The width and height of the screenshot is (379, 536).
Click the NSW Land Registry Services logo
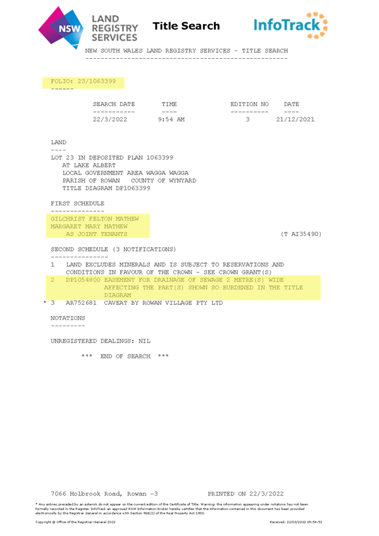click(x=88, y=28)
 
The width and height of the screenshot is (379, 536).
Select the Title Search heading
click(x=186, y=26)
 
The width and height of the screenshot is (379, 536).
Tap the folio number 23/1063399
click(x=96, y=82)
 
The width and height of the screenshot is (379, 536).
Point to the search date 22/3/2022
click(x=110, y=119)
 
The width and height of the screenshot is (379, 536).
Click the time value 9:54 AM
click(x=171, y=119)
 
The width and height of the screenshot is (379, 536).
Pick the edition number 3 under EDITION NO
click(x=247, y=119)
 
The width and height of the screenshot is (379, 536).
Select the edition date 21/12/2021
click(x=295, y=119)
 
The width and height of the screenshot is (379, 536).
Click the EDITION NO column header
click(x=249, y=104)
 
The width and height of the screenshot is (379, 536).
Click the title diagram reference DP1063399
click(x=133, y=188)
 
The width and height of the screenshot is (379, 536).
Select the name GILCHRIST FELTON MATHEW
click(x=95, y=219)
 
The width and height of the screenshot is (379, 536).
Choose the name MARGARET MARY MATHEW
click(x=89, y=226)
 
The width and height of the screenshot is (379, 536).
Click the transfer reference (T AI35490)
click(x=301, y=234)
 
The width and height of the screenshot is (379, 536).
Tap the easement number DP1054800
click(x=83, y=280)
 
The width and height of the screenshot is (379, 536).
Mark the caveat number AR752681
click(x=81, y=303)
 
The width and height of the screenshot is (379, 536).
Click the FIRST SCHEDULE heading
click(x=77, y=204)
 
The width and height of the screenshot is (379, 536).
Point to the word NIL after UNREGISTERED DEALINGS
click(x=144, y=341)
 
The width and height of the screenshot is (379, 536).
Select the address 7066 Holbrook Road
click(x=85, y=494)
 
